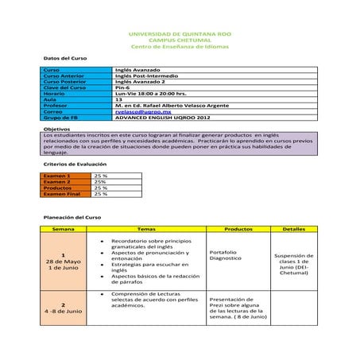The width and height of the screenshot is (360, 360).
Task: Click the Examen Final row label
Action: tap(62, 193)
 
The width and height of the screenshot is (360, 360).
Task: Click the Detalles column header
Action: tap(293, 228)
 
